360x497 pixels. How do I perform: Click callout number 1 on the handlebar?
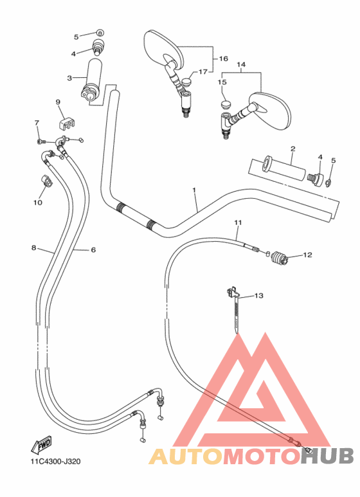(194, 190)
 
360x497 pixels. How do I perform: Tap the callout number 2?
(292, 149)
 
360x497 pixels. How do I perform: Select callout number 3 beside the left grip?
(69, 78)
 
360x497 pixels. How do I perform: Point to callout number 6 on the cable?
(93, 249)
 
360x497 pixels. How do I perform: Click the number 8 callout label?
(33, 248)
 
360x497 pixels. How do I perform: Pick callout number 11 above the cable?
(238, 223)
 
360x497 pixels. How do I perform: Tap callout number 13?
(259, 296)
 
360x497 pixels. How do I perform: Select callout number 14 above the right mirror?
(242, 65)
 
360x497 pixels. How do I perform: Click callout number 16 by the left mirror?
(223, 59)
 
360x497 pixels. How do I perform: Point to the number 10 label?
(37, 203)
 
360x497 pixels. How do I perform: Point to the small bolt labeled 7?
(40, 140)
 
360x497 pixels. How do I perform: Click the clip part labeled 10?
(47, 181)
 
